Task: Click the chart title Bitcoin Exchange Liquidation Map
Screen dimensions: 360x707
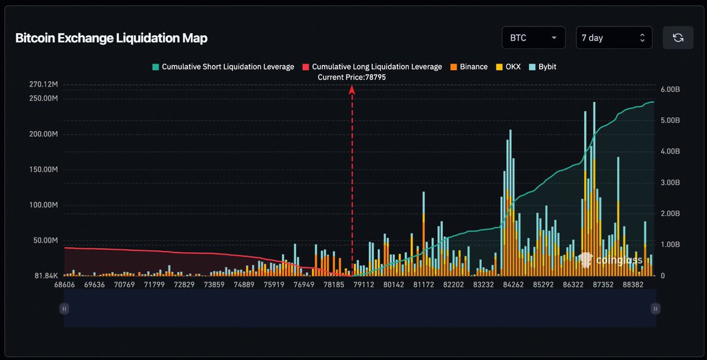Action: tap(111, 38)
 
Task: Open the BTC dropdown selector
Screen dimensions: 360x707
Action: tap(533, 38)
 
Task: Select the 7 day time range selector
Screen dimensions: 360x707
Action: tap(614, 38)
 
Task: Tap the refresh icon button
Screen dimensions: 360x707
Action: tap(678, 38)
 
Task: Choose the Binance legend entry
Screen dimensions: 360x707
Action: tap(469, 67)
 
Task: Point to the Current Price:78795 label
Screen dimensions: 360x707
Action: tap(352, 77)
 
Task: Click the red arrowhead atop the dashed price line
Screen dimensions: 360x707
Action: tap(352, 89)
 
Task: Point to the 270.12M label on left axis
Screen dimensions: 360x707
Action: tap(43, 84)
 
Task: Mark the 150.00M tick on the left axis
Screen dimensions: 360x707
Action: tap(43, 170)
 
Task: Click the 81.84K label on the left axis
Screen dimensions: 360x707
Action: tap(45, 276)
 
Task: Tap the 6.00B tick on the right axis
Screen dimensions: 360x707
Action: tap(670, 89)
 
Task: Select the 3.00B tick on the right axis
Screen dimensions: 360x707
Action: tap(670, 182)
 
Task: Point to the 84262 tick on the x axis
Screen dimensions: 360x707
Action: tap(513, 284)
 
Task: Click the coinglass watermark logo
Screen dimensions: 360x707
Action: tap(601, 260)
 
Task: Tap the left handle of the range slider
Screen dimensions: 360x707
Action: tap(65, 308)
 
